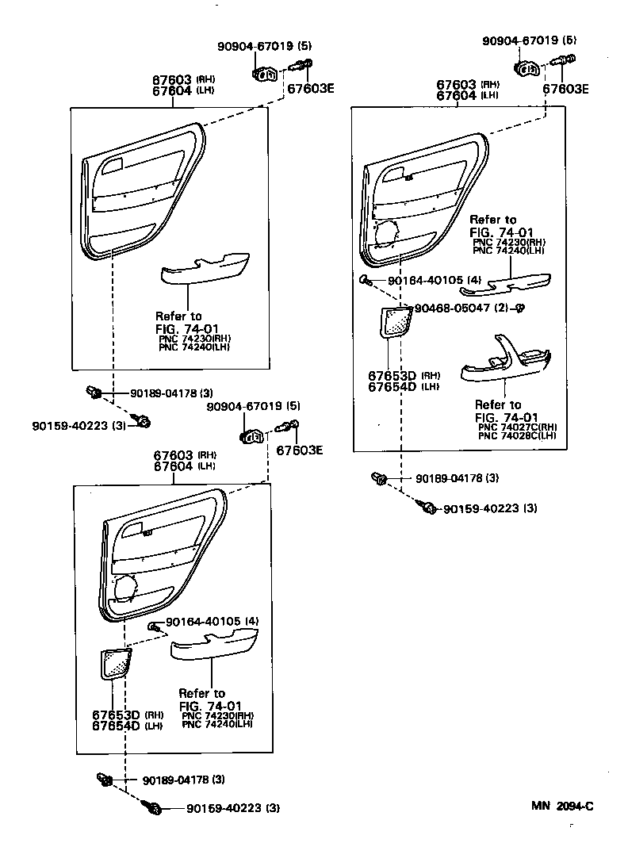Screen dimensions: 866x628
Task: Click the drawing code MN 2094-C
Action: [x=562, y=807]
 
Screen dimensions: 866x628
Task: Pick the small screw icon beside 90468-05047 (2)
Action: [x=522, y=308]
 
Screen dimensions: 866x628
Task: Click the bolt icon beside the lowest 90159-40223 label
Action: [x=151, y=808]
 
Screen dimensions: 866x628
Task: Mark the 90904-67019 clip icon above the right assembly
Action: [x=527, y=69]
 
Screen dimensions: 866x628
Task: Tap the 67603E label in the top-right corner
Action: [x=565, y=89]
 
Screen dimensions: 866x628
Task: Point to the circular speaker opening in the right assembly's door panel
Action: [x=388, y=235]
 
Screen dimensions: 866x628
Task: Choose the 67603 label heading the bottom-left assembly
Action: [x=173, y=455]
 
